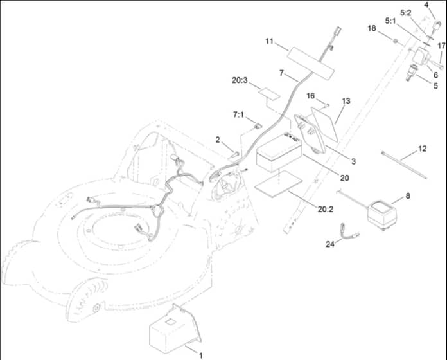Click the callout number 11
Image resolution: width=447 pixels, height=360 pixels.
tap(269, 41)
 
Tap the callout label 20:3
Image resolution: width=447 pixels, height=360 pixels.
tap(240, 80)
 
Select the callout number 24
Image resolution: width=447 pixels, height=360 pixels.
tap(330, 244)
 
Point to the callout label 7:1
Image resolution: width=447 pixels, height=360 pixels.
tap(238, 114)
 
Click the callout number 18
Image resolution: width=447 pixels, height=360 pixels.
tap(372, 28)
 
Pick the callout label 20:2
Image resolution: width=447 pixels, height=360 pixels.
tap(326, 209)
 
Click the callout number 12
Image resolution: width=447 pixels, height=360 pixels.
tap(422, 148)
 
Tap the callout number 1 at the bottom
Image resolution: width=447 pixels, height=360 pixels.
tap(200, 355)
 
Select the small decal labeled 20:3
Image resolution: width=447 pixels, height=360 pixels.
tap(269, 94)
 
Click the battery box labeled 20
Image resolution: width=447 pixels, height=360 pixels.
tap(279, 152)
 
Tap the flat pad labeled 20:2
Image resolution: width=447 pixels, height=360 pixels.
tap(278, 184)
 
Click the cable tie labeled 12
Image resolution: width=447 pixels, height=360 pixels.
tap(404, 165)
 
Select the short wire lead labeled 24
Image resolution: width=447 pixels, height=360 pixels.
tap(349, 231)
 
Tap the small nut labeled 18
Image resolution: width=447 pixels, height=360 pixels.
tap(395, 41)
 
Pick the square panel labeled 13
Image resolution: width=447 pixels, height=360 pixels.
tap(324, 124)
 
